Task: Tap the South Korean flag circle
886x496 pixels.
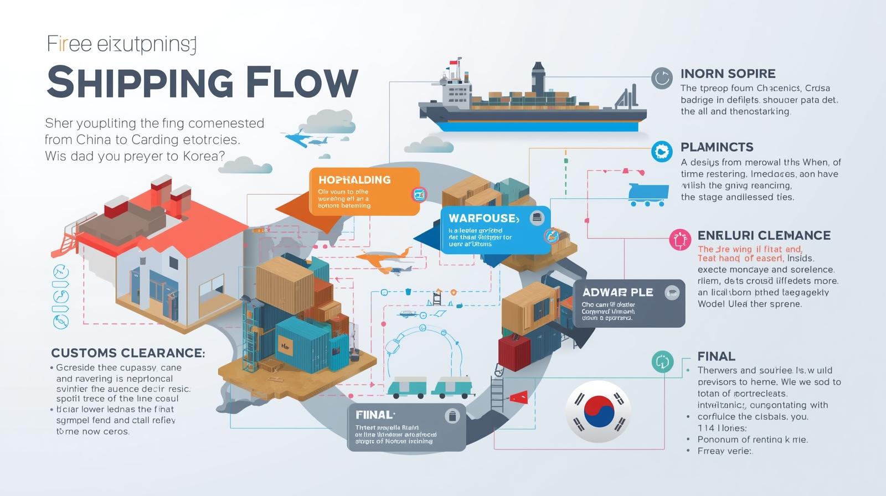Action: click(598, 411)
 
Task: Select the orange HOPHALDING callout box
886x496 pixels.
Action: click(364, 192)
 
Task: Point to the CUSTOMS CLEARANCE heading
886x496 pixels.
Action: click(128, 353)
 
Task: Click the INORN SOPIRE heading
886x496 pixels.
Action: click(728, 74)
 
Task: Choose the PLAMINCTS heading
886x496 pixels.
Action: click(717, 147)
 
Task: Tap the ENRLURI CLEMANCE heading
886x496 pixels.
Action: click(764, 235)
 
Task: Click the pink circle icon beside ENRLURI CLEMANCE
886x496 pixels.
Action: click(680, 239)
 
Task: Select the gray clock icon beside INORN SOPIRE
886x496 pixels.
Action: click(661, 78)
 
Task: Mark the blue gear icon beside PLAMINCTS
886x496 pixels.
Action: click(661, 151)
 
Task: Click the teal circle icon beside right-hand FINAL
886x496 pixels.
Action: click(662, 362)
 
